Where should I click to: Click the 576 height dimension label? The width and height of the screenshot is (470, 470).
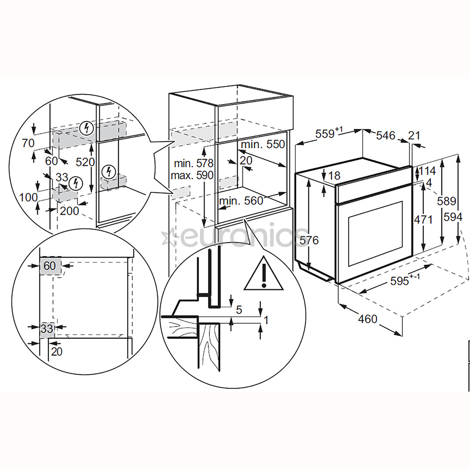pyautogui.click(x=309, y=240)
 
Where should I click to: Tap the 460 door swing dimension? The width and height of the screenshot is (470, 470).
pyautogui.click(x=367, y=319)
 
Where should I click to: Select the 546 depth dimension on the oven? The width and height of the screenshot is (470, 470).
pyautogui.click(x=386, y=135)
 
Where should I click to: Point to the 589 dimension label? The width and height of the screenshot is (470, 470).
pyautogui.click(x=446, y=201)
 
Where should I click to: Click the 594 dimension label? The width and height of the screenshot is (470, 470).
pyautogui.click(x=453, y=217)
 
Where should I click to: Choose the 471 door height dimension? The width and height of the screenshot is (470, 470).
pyautogui.click(x=423, y=220)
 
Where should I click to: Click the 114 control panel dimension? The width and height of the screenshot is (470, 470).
pyautogui.click(x=427, y=171)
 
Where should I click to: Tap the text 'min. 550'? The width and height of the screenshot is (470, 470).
pyautogui.click(x=263, y=144)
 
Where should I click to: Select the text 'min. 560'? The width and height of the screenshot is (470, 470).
pyautogui.click(x=241, y=201)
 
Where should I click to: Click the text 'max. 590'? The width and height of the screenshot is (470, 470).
pyautogui.click(x=192, y=175)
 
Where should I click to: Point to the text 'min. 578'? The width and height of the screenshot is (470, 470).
pyautogui.click(x=194, y=163)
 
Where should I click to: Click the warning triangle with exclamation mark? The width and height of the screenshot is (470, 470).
pyautogui.click(x=263, y=273)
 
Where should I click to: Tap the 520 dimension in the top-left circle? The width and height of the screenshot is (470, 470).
pyautogui.click(x=85, y=162)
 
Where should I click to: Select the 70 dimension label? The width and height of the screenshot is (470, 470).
pyautogui.click(x=28, y=143)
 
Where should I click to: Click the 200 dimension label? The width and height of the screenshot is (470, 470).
pyautogui.click(x=69, y=211)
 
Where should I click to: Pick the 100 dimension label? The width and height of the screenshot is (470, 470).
pyautogui.click(x=28, y=198)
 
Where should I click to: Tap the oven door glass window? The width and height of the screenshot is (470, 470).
pyautogui.click(x=375, y=234)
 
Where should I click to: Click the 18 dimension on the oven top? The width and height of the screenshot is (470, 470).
pyautogui.click(x=335, y=175)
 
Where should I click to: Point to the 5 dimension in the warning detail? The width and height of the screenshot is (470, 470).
pyautogui.click(x=239, y=310)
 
